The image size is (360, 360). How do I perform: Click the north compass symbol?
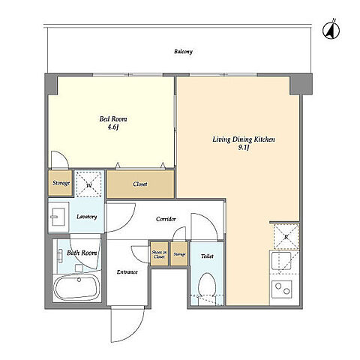(x=331, y=31)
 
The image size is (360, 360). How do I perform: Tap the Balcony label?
(x=183, y=52)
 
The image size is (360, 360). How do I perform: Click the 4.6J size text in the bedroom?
(x=112, y=127)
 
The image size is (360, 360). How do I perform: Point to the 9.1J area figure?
(x=244, y=148)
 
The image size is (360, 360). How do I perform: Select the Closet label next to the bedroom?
(x=140, y=184)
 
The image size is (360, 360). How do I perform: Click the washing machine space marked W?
(x=89, y=184)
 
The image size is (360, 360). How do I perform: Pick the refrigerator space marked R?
(x=286, y=237)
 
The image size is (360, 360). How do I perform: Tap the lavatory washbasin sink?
(x=58, y=217)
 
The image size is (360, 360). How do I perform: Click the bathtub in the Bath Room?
(x=77, y=287)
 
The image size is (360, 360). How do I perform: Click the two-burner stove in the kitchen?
(x=282, y=288)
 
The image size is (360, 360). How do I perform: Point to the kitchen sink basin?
(x=281, y=261)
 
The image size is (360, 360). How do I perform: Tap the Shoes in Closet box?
(x=159, y=254)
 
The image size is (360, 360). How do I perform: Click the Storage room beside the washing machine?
(x=61, y=183)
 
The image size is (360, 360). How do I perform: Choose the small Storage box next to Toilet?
(x=179, y=254)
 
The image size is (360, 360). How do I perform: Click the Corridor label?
(x=166, y=219)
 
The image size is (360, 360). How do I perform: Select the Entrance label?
(x=127, y=272)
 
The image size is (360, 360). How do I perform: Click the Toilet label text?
(x=207, y=256)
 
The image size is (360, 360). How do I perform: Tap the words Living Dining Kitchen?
(x=244, y=139)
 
